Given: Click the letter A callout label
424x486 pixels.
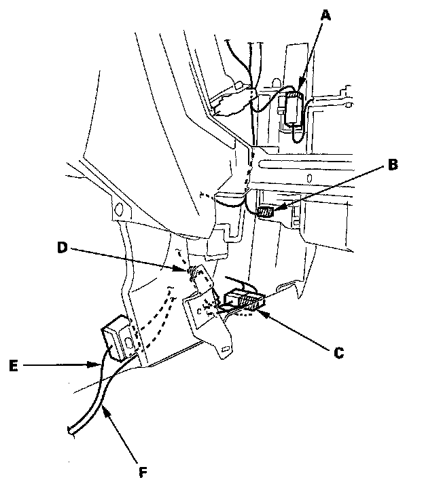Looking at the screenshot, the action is click(325, 14).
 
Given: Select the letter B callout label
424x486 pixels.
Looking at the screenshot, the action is click(393, 164).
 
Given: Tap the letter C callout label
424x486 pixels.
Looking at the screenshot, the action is click(339, 353).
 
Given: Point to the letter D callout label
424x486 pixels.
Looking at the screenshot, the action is click(63, 247).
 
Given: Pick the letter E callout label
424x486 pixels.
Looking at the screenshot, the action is click(14, 366).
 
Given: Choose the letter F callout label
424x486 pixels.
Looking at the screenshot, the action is click(143, 472).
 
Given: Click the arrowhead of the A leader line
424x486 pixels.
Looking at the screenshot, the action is click(299, 88).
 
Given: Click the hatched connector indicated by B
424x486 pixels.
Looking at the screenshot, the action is click(266, 212).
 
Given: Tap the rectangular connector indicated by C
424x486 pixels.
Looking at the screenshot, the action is click(244, 299).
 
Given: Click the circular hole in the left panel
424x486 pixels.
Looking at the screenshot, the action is click(118, 208).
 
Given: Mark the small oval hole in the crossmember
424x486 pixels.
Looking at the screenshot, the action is click(309, 179).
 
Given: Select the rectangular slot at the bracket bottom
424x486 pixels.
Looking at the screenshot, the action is click(226, 349).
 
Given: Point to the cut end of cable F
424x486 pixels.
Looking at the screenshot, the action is click(71, 431).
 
